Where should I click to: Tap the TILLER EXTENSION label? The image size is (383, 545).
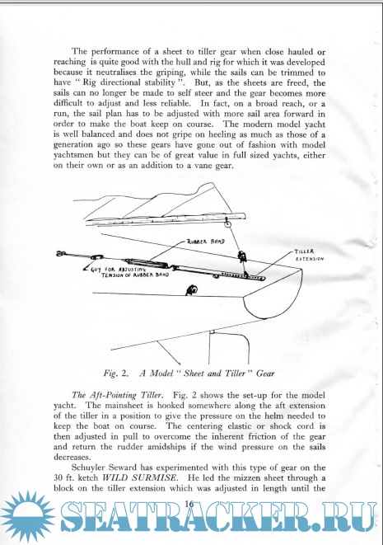click(x=309, y=255)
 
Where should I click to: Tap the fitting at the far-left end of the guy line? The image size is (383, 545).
click(x=60, y=254)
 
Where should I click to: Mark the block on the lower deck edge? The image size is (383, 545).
click(x=190, y=289)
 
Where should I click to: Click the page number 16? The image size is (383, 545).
click(x=189, y=503)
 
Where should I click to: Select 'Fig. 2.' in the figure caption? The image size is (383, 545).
click(x=116, y=374)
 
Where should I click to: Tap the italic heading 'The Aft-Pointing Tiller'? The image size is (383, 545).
click(x=116, y=395)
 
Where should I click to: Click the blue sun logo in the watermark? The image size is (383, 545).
click(x=28, y=516)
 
